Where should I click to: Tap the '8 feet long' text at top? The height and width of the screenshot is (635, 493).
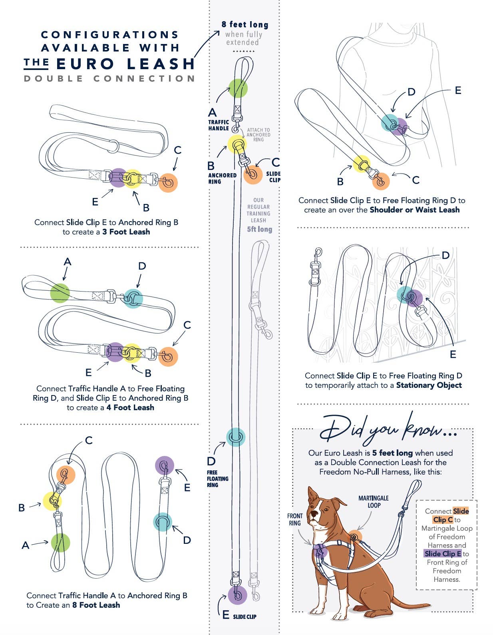[x=245, y=25]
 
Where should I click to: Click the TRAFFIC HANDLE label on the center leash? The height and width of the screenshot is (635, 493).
[x=219, y=125]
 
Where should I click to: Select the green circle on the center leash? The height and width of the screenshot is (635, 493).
[x=238, y=88]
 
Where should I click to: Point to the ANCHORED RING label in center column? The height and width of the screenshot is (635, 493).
[x=222, y=178]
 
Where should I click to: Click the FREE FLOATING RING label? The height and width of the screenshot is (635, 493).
[x=217, y=479]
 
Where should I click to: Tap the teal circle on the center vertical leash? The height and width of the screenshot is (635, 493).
[x=236, y=437]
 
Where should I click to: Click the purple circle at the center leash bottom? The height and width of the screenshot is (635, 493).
[x=238, y=595]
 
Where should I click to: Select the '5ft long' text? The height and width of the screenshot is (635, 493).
[x=259, y=229]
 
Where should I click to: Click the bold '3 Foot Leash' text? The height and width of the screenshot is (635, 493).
[x=126, y=232]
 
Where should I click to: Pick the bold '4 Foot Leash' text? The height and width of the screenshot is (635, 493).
[x=130, y=407]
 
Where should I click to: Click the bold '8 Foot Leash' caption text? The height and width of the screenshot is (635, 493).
[x=96, y=605]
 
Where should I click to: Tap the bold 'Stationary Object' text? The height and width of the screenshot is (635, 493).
[x=429, y=385]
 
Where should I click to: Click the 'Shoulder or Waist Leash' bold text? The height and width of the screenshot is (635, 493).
[x=414, y=210]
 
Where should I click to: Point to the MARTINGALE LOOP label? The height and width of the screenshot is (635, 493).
[x=373, y=501]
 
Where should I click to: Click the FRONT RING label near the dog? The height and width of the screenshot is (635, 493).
[x=295, y=519]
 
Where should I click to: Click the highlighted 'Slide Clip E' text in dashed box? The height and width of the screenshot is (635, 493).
[x=443, y=554]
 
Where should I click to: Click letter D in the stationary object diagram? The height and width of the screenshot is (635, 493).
[x=445, y=255]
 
